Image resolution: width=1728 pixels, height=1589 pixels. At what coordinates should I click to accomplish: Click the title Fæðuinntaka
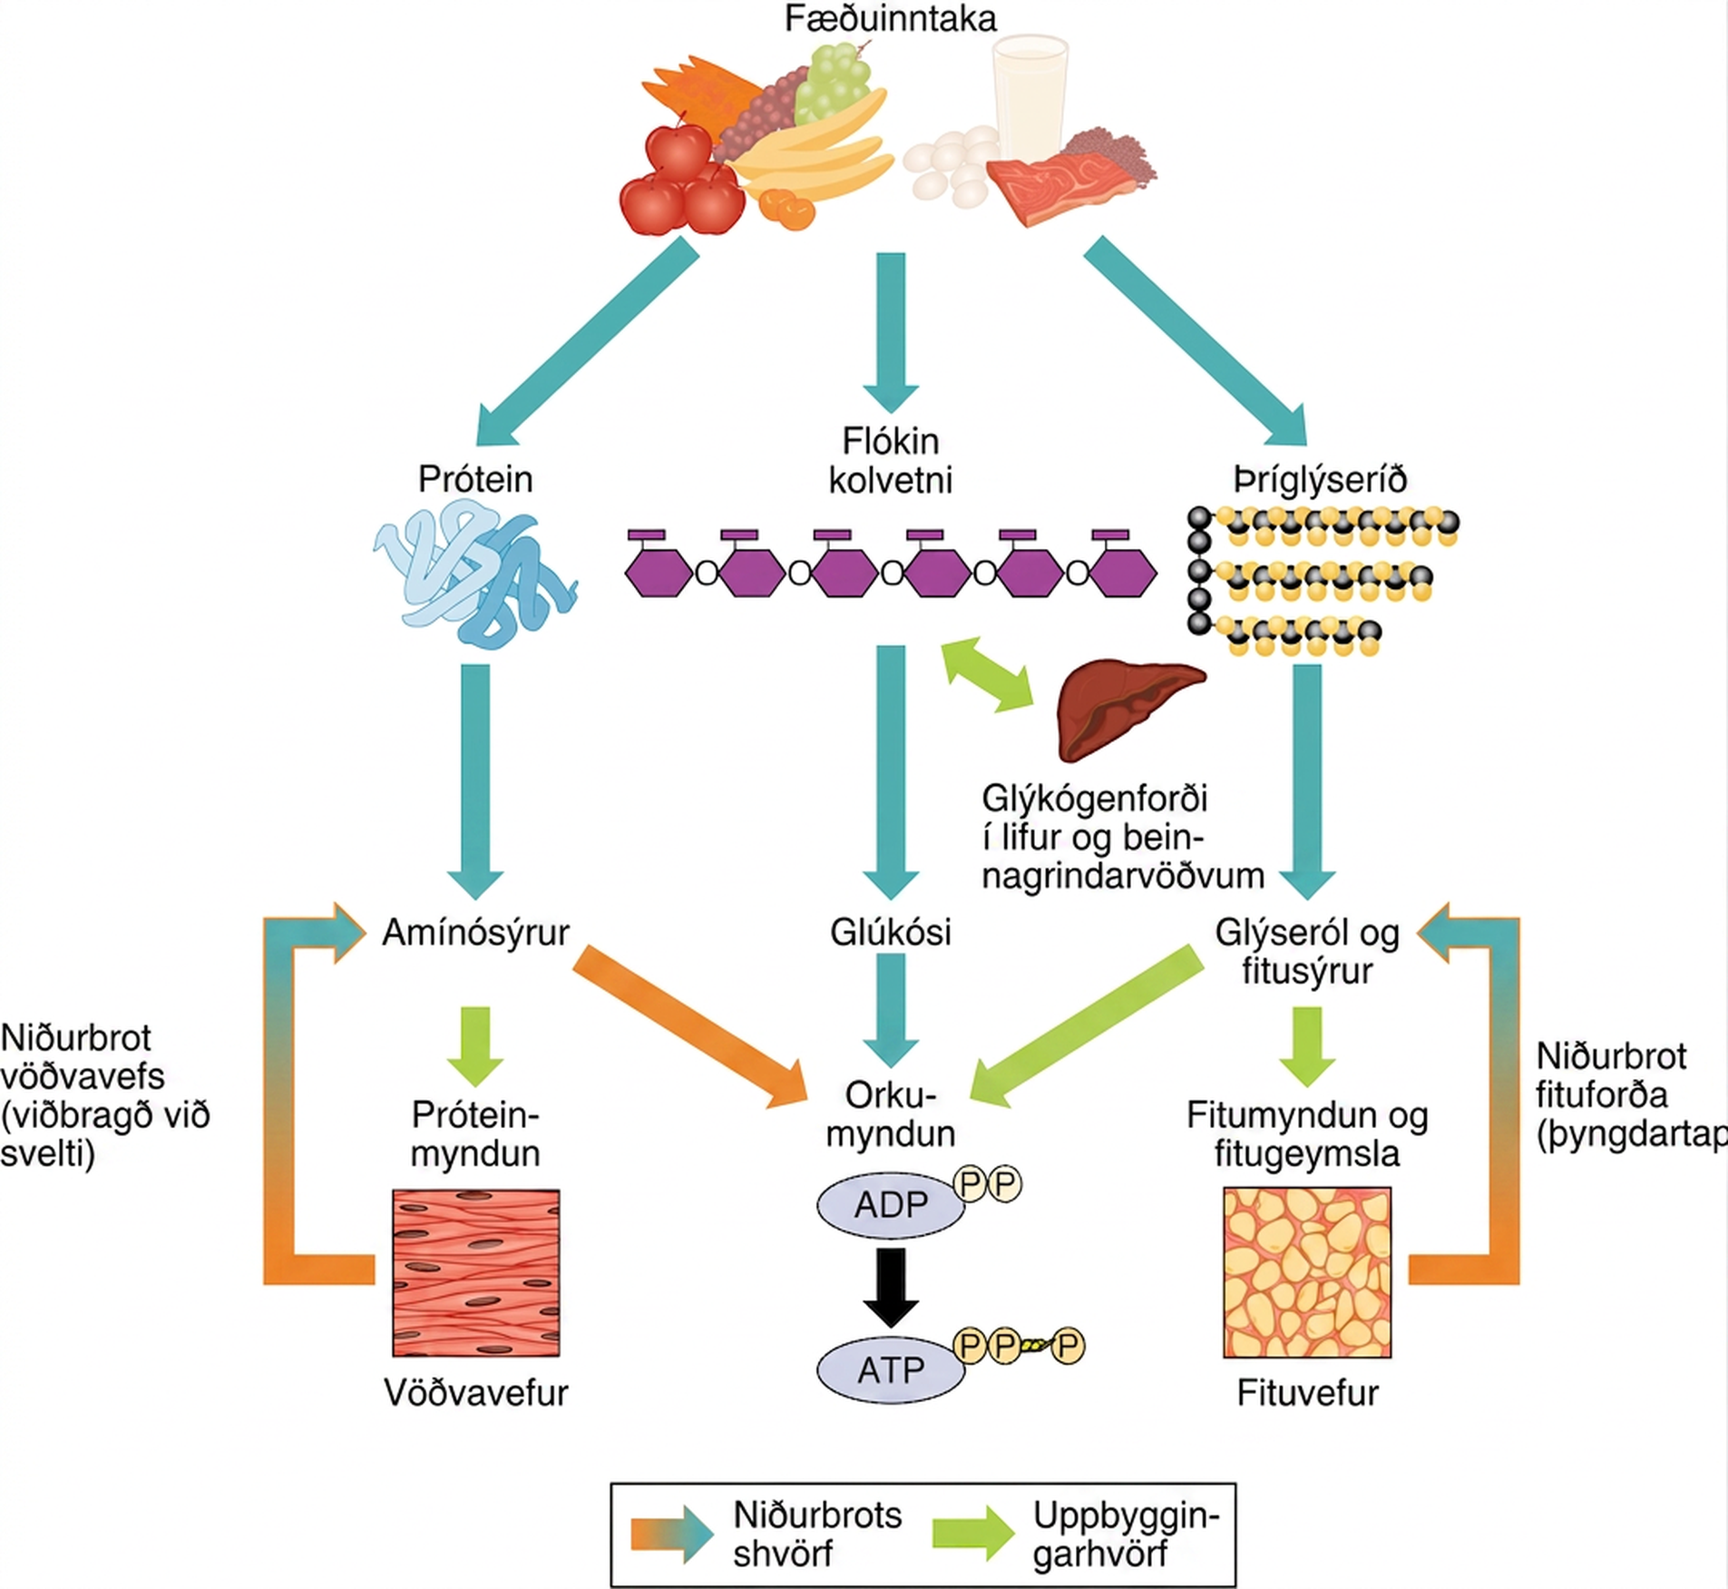click(890, 19)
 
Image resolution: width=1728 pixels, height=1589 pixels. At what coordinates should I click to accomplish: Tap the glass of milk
click(1030, 95)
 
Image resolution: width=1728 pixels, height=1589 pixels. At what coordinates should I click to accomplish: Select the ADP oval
click(891, 1204)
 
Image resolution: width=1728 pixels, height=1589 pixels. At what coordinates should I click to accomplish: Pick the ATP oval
click(891, 1369)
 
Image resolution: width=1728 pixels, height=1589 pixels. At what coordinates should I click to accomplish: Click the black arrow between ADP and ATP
click(891, 1288)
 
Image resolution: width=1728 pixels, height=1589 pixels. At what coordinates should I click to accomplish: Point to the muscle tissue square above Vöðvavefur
click(475, 1272)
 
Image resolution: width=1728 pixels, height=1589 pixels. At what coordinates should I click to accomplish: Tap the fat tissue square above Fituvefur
click(1307, 1272)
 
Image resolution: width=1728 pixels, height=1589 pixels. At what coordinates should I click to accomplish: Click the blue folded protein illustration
click(475, 577)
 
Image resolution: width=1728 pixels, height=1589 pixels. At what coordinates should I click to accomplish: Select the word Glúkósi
click(891, 932)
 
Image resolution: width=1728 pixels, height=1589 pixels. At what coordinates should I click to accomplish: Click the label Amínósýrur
click(475, 933)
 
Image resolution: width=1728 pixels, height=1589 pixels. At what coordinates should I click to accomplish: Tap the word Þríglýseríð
click(1320, 479)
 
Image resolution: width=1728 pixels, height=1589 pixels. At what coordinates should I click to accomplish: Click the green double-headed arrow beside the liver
click(988, 673)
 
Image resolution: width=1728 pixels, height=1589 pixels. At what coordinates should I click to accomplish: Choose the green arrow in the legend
click(974, 1533)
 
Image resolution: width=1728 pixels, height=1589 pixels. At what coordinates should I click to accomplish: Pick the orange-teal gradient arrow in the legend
click(672, 1534)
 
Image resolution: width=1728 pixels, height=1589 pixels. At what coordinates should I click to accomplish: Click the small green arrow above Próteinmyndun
click(475, 1046)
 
